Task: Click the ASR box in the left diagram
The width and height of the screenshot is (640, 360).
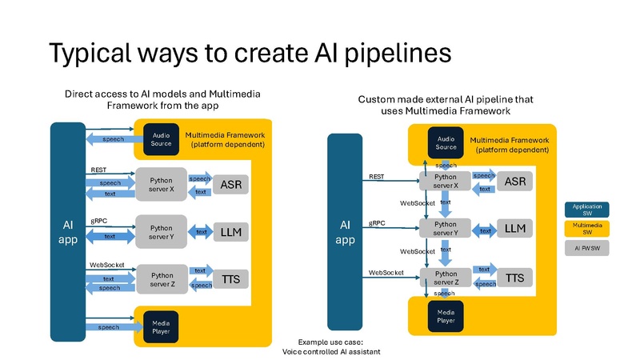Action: click(x=230, y=185)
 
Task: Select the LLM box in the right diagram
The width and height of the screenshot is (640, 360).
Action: click(x=514, y=230)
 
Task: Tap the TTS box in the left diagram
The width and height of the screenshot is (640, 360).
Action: click(x=230, y=278)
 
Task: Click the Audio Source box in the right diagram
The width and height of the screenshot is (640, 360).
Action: click(x=446, y=142)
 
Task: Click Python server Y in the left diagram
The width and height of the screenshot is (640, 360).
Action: click(x=161, y=232)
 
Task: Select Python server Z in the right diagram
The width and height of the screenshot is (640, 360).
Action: click(x=446, y=278)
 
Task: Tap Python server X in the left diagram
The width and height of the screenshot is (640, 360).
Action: click(x=161, y=185)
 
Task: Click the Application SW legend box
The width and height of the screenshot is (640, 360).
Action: click(x=587, y=210)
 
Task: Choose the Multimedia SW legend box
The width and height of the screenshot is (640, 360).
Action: click(x=587, y=230)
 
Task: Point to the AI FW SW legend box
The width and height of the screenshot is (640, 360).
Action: click(x=587, y=249)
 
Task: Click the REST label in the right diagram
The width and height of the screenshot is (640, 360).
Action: click(x=377, y=177)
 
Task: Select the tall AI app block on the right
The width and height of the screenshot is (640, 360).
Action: click(x=345, y=232)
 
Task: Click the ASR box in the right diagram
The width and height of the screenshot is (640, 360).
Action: click(x=514, y=182)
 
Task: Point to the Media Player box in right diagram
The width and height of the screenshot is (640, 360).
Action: click(x=446, y=316)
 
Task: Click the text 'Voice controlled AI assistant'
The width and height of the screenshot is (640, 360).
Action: click(x=330, y=352)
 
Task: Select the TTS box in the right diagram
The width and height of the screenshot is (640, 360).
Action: click(x=514, y=278)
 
